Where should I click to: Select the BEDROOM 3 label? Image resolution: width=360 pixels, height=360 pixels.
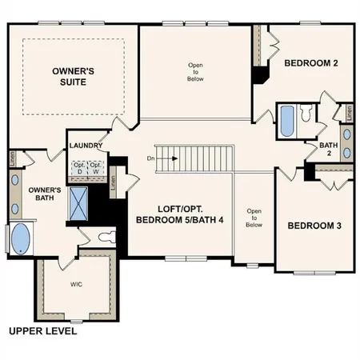tap(314, 226)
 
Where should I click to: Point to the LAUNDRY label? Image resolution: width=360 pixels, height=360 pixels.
tap(84, 146)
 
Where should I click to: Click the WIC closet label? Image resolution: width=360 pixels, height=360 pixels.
tap(76, 284)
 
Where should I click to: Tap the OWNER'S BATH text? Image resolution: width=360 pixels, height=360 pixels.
tap(40, 195)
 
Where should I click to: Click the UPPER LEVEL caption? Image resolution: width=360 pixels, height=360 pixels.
tap(43, 331)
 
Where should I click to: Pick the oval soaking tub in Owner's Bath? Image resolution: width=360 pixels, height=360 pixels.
tap(21, 238)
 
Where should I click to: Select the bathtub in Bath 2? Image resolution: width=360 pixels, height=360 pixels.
tap(287, 122)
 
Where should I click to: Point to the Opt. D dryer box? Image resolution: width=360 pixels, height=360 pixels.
tap(79, 167)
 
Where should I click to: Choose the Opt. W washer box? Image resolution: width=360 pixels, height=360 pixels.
tap(95, 167)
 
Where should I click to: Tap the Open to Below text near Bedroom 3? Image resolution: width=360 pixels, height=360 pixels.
tap(254, 218)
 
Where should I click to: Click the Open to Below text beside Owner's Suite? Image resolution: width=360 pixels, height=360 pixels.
tap(195, 73)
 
